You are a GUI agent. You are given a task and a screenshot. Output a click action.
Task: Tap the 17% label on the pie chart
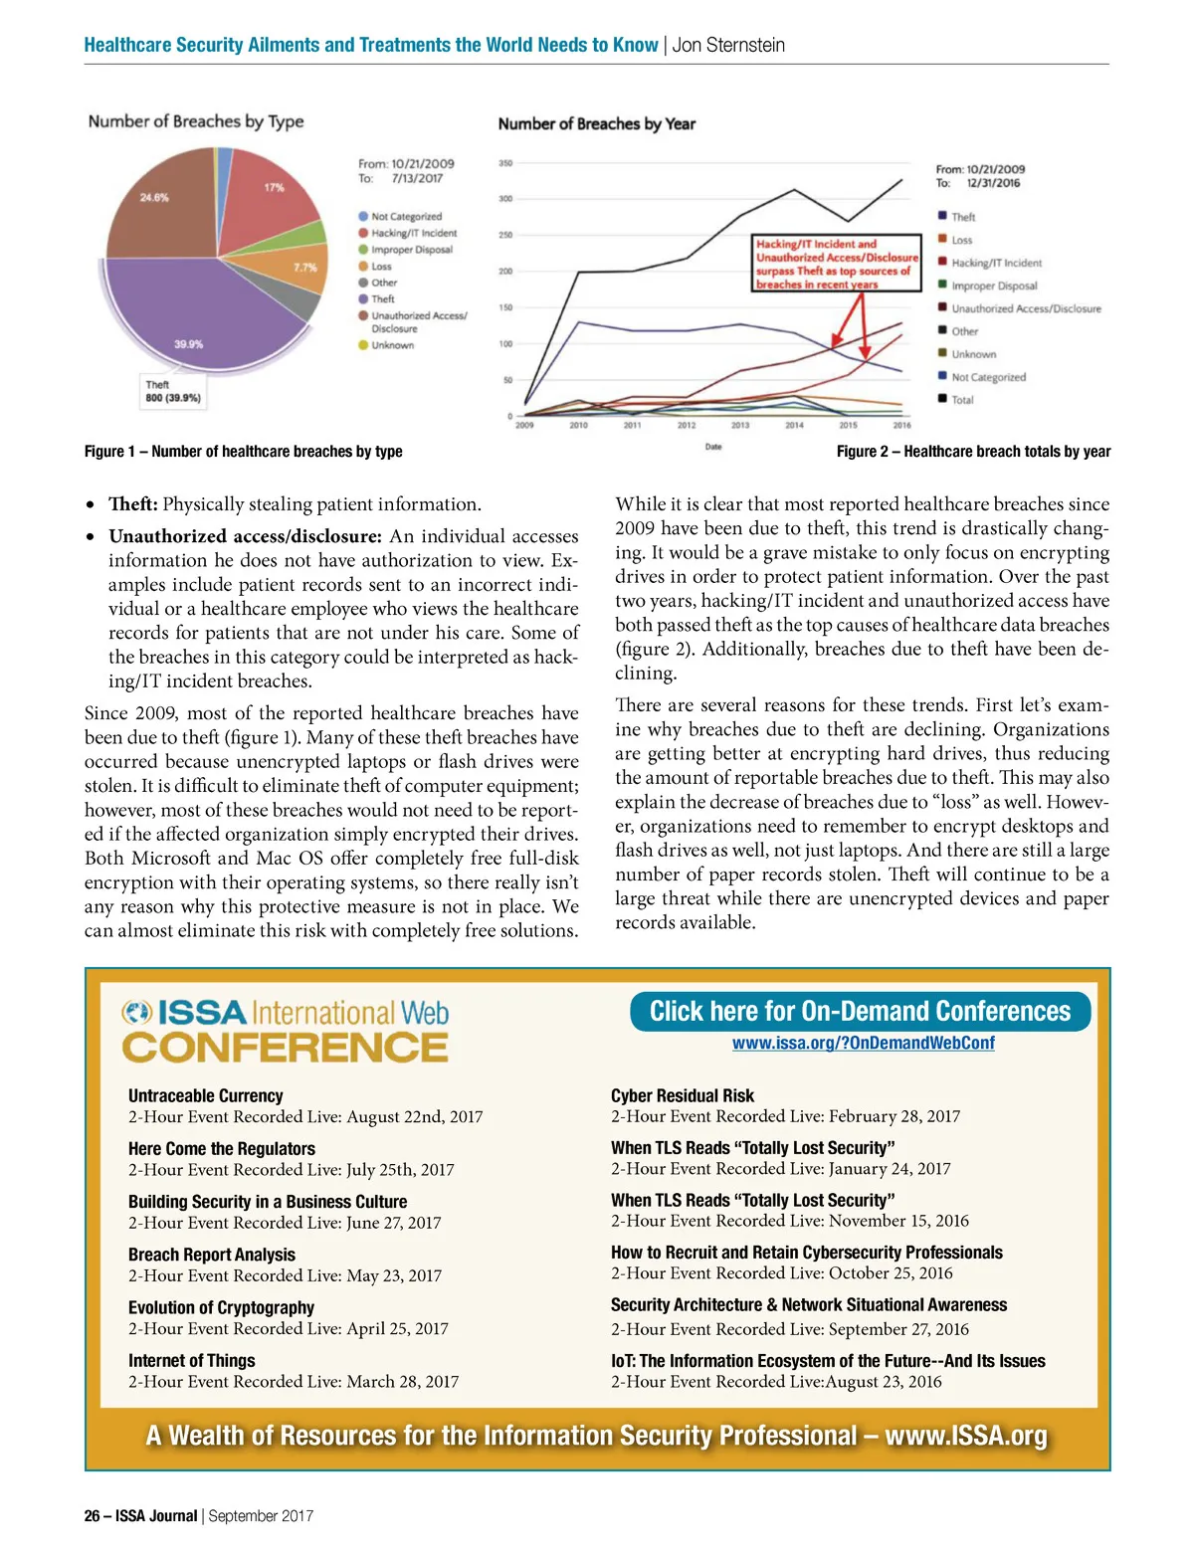[x=274, y=187]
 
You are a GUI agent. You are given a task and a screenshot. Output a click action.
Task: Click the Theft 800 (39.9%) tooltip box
[x=173, y=391]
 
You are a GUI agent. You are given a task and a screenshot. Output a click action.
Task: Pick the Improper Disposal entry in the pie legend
[x=411, y=250]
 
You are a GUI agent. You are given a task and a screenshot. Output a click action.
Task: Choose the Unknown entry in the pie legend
[x=392, y=345]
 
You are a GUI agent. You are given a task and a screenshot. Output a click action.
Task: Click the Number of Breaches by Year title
[x=596, y=124]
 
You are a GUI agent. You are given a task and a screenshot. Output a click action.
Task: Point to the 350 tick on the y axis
[x=505, y=163]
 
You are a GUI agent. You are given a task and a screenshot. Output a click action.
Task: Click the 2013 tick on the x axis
[x=740, y=426]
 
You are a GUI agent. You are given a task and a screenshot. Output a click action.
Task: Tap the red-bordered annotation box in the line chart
[x=837, y=264]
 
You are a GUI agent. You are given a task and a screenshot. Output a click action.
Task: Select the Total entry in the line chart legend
[x=961, y=400]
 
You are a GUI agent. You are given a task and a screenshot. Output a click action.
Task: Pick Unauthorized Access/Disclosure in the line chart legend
[x=1025, y=308]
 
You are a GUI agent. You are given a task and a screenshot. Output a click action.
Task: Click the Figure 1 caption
[x=244, y=452]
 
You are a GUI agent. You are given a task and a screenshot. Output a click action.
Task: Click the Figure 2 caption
[x=973, y=452]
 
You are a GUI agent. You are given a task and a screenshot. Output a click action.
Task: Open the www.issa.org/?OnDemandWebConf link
[x=863, y=1043]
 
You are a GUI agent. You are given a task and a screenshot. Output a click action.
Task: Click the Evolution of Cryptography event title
[x=221, y=1307]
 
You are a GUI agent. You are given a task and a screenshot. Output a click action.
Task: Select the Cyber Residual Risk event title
[x=683, y=1095]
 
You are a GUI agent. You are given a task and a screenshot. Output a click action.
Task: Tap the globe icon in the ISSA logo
[x=136, y=1013]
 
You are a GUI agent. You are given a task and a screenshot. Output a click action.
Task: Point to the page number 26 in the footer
[x=93, y=1516]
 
